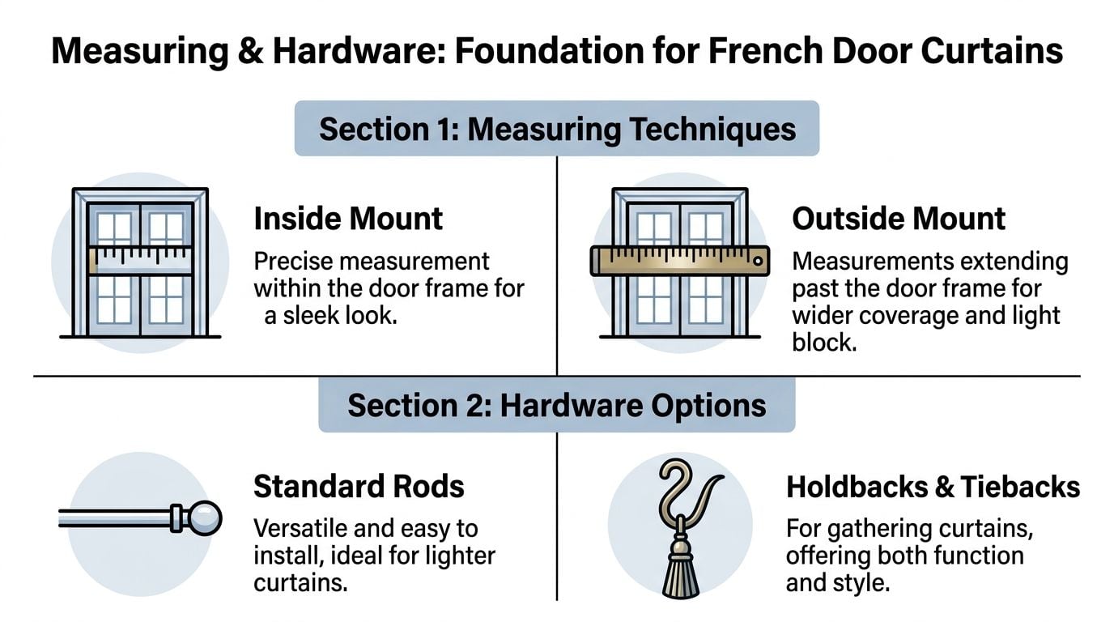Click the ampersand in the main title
point(250,52)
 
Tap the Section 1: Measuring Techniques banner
point(557,129)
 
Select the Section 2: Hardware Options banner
point(557,405)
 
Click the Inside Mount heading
point(348,219)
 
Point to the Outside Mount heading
point(899,219)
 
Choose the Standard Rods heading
point(359,487)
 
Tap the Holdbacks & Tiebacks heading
point(933,487)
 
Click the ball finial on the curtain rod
point(206,517)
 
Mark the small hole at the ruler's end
point(757,261)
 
